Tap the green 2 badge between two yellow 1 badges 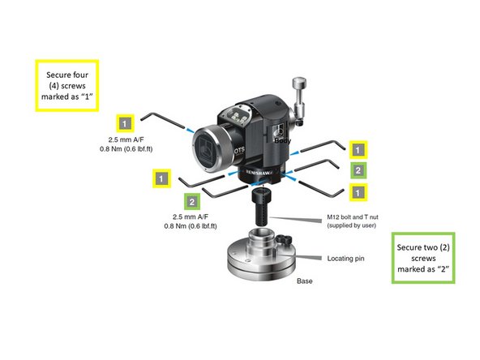pos(358,170)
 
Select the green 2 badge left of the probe pos(191,200)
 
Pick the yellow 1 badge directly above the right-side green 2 pos(358,149)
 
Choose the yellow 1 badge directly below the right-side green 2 pos(358,192)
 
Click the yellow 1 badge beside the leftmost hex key pos(124,123)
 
